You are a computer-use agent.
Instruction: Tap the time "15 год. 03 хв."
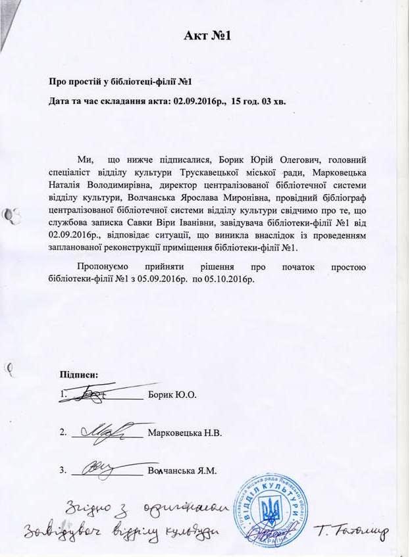pyautogui.click(x=259, y=103)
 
